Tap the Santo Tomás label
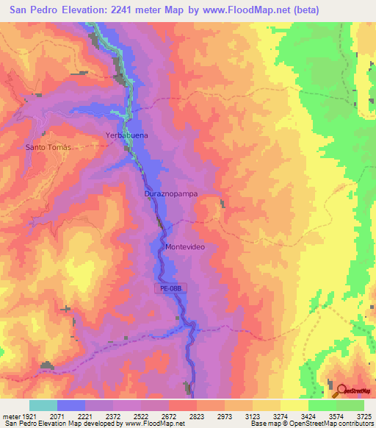tap(50, 147)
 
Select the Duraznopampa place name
tap(172, 193)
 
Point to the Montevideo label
tap(189, 247)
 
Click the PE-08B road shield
tap(169, 288)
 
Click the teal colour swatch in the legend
tap(43, 405)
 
